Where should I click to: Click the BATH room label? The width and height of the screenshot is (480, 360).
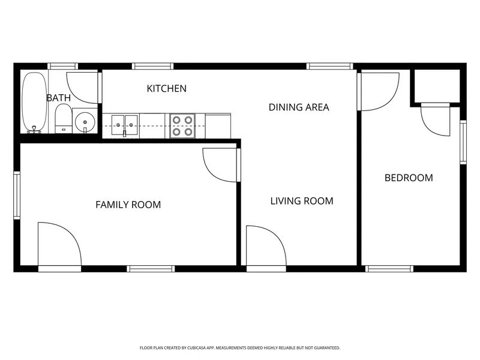58,98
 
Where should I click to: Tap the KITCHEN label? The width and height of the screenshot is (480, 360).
167,88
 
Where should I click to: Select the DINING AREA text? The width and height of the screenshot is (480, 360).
299,107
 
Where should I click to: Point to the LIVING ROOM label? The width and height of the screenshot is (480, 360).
302,201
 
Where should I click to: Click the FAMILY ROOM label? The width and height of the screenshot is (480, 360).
128,205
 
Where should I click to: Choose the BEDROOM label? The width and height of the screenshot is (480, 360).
409,178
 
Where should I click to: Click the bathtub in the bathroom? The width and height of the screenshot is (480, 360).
34,102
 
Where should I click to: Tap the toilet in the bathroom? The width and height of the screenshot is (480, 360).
63,118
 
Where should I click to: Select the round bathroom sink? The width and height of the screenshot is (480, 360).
85,122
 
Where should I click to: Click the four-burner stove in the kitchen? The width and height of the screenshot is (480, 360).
182,125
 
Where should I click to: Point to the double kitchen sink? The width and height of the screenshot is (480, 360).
124,125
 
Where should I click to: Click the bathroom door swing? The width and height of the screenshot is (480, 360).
82,88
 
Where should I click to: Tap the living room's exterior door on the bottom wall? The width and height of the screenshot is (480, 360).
266,248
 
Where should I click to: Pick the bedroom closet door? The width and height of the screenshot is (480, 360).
436,119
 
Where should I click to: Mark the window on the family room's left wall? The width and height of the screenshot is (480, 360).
17,196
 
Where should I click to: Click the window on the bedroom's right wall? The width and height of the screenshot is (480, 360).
463,142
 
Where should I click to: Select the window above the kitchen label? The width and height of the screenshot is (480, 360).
153,66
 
